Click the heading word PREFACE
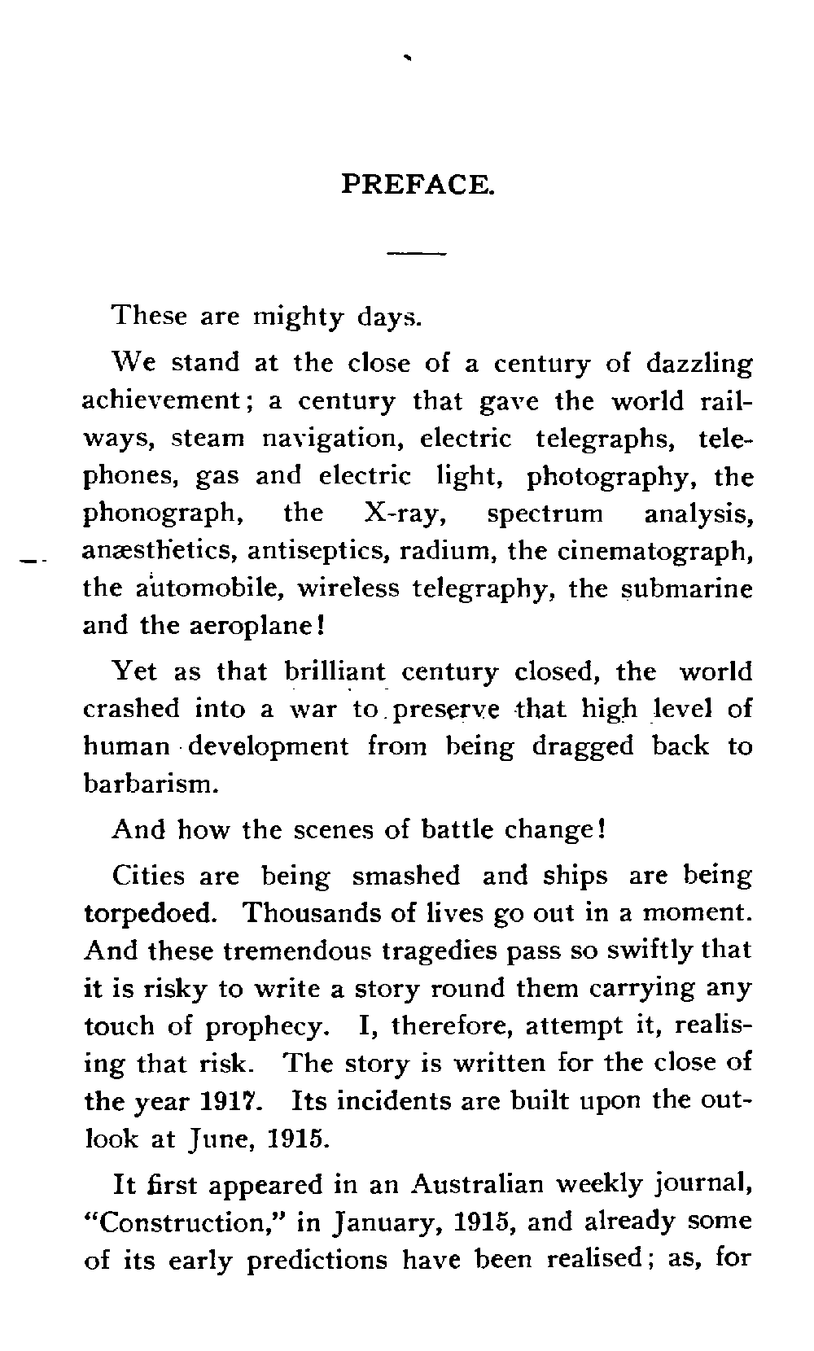click(417, 184)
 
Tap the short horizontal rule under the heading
click(417, 254)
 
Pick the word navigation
click(334, 439)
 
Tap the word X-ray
click(400, 514)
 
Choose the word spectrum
click(545, 514)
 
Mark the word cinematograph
click(654, 552)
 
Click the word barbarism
click(151, 784)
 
